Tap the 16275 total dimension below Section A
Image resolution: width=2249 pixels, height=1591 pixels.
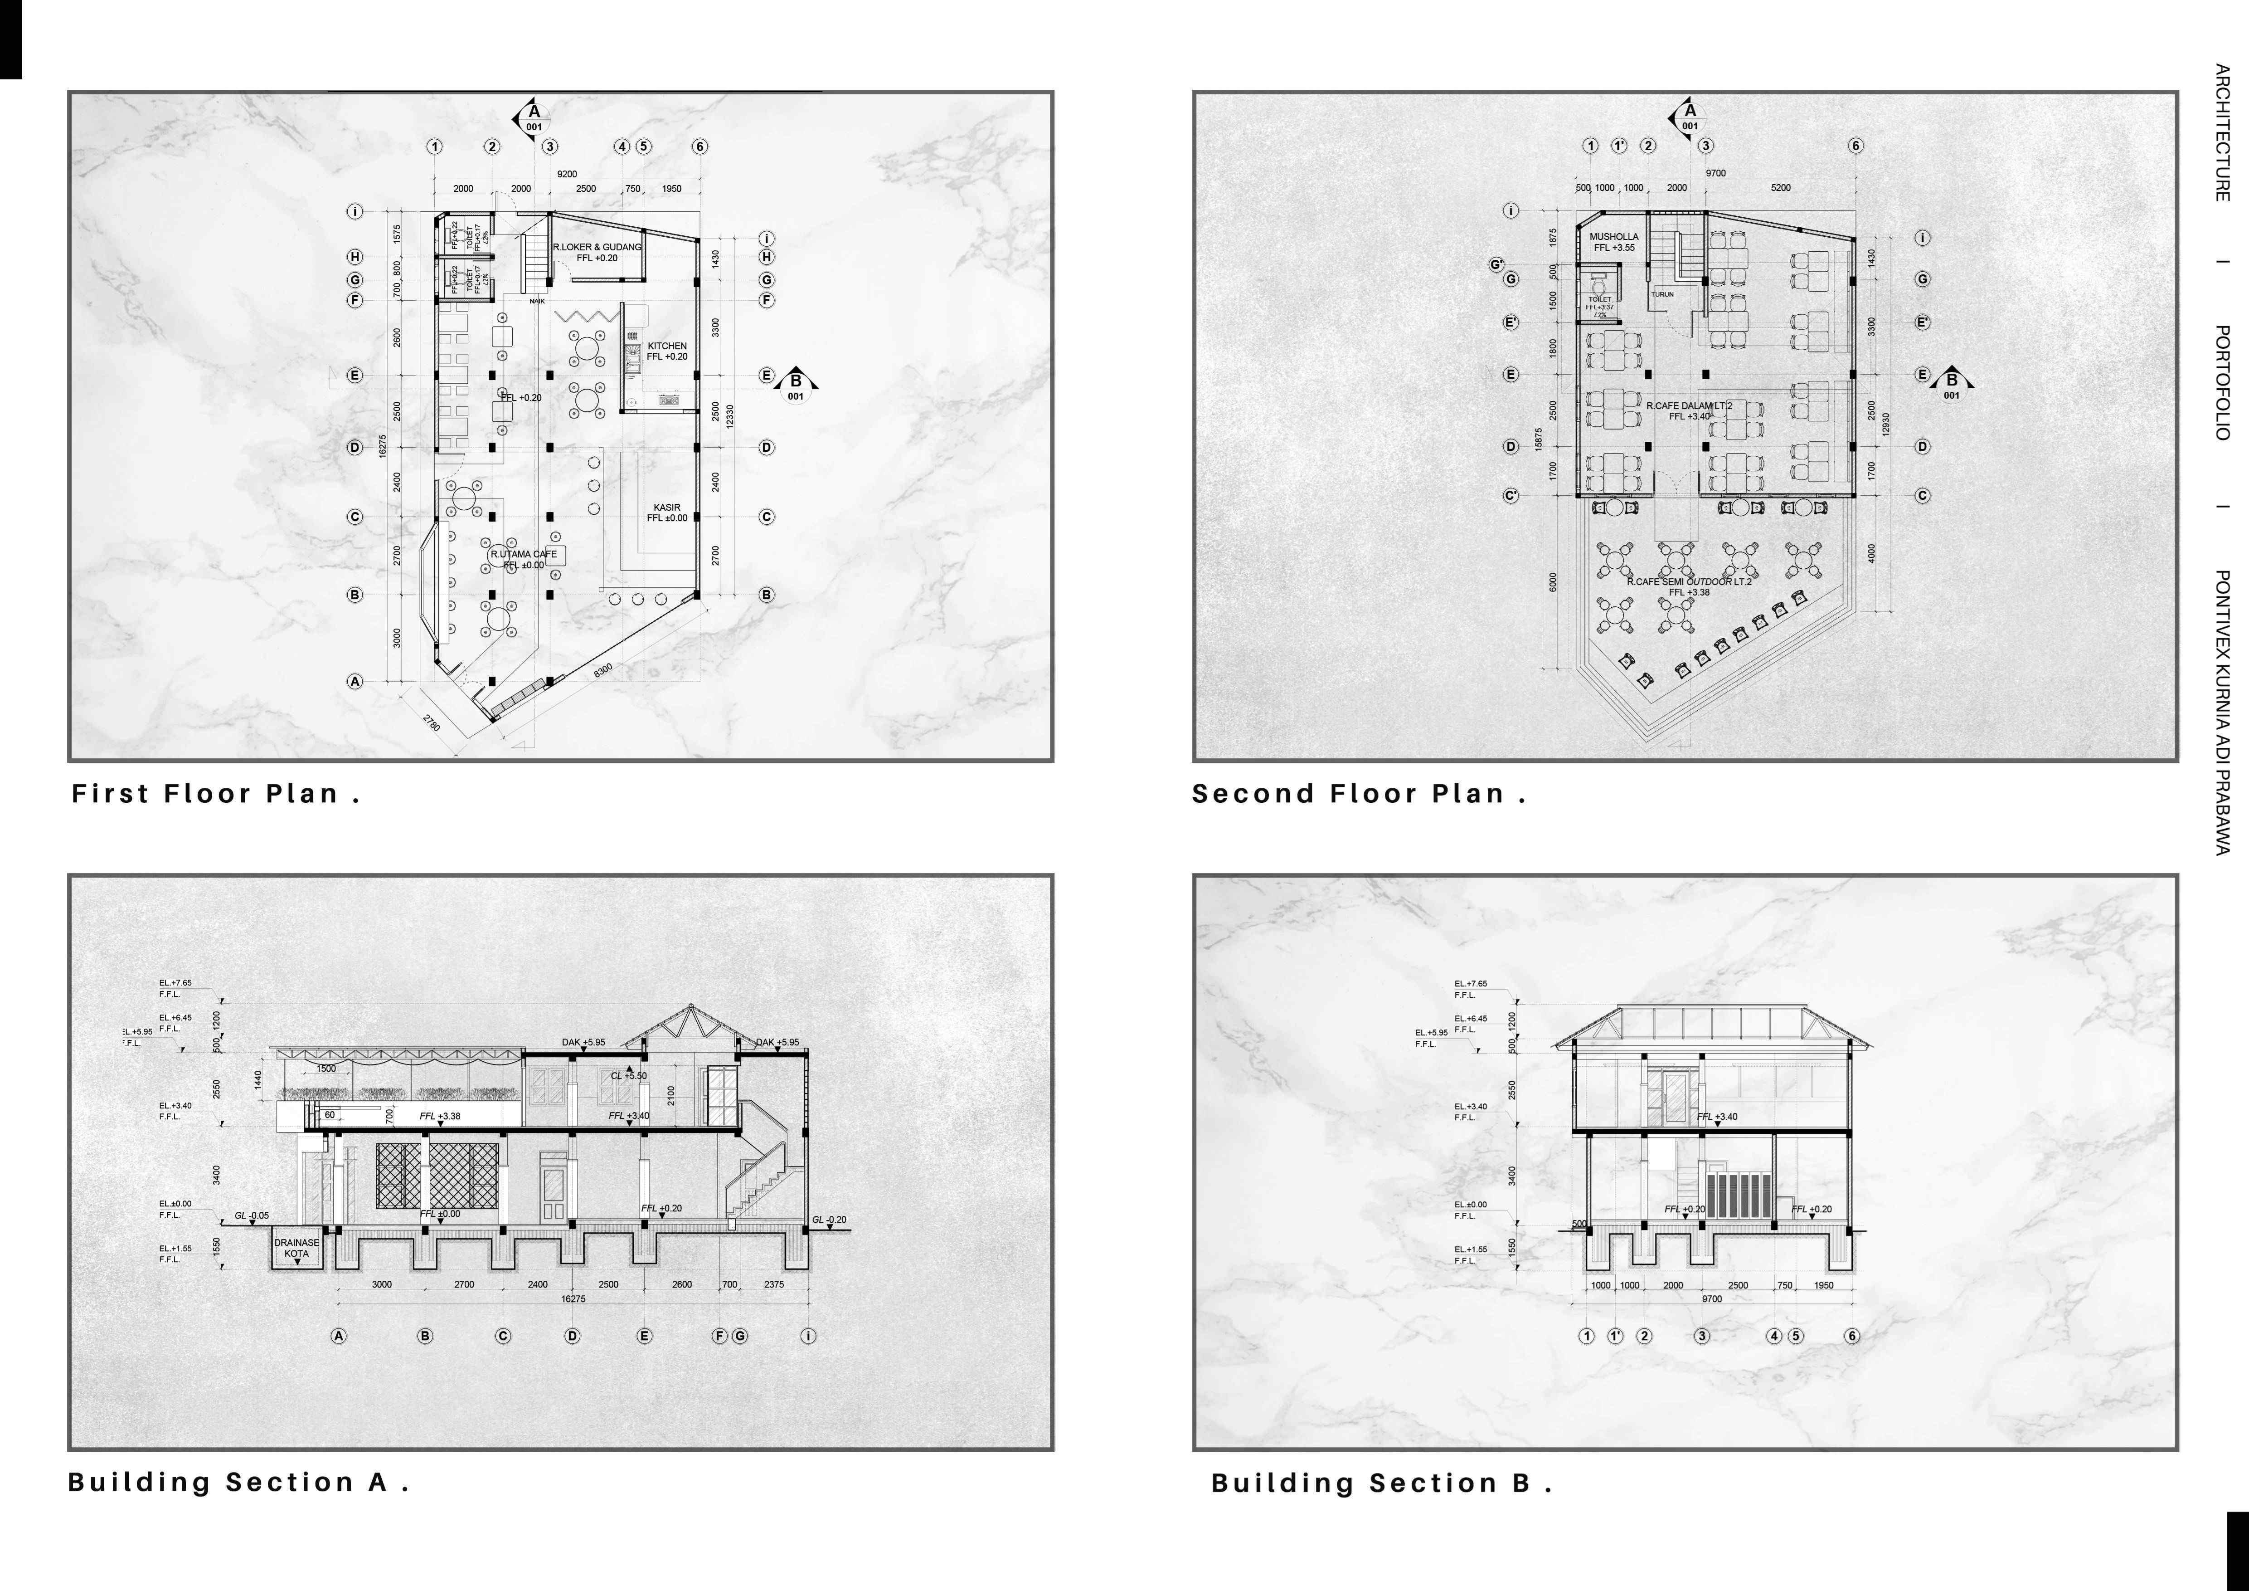pos(573,1299)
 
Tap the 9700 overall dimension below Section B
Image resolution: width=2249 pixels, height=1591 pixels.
pos(1711,1299)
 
